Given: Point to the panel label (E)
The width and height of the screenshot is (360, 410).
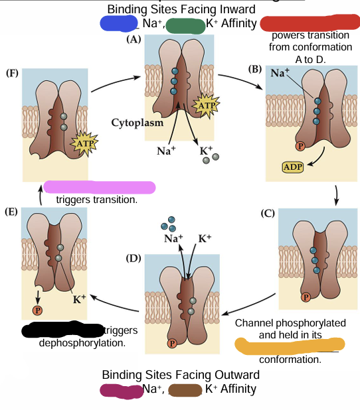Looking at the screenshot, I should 11,212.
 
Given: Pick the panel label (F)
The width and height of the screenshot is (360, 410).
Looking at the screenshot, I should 11,73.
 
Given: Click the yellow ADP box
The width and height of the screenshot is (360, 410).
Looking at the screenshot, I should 292,166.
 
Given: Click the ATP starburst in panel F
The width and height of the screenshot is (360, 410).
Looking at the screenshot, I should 82,142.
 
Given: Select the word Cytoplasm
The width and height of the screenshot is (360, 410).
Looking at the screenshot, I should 135,123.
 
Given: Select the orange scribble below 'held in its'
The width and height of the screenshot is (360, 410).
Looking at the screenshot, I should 290,345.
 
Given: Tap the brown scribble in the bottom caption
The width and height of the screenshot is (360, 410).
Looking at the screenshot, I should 185,390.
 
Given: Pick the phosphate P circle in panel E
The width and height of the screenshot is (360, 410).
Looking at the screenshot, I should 38,310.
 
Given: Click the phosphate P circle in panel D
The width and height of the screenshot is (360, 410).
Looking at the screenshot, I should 172,342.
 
